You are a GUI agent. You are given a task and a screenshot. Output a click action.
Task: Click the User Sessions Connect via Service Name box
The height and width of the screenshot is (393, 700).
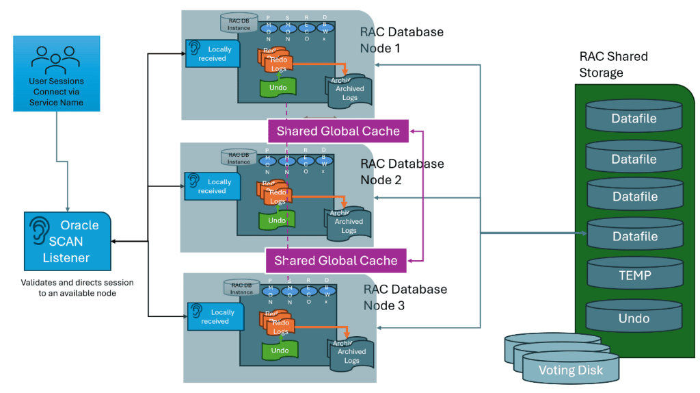click(56, 74)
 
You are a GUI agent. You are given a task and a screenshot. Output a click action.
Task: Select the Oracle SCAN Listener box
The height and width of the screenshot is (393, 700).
click(67, 241)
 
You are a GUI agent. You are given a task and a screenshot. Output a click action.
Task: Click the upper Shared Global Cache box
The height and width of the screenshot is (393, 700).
click(338, 131)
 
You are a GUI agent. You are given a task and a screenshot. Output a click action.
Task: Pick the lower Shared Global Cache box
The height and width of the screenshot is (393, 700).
click(336, 260)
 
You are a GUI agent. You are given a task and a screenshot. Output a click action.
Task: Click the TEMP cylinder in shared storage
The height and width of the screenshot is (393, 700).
click(634, 276)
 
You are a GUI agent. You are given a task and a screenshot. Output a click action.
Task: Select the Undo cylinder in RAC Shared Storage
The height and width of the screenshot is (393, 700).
click(634, 318)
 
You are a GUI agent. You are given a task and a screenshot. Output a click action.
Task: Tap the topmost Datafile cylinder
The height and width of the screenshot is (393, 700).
click(634, 118)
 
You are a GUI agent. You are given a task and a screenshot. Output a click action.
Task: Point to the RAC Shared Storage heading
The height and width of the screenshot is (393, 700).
click(613, 64)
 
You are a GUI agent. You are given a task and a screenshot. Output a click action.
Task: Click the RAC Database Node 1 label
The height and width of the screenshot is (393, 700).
click(402, 40)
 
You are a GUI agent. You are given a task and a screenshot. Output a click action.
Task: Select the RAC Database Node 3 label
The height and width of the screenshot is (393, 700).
click(405, 297)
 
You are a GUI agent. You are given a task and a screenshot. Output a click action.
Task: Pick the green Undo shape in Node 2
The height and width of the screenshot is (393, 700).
click(277, 220)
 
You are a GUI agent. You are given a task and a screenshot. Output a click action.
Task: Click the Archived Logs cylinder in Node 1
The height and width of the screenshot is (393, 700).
click(348, 92)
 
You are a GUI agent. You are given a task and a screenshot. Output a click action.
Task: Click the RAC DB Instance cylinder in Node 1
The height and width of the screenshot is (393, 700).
click(239, 23)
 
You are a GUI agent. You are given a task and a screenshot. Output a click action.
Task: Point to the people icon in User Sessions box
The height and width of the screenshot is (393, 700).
click(56, 59)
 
